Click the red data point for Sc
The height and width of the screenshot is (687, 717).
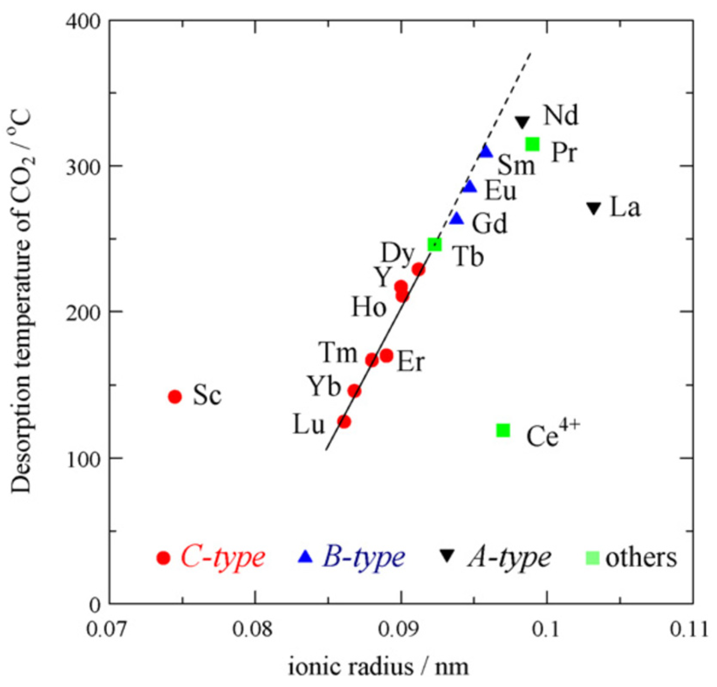[x=175, y=396]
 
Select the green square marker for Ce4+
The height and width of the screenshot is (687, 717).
[x=503, y=430]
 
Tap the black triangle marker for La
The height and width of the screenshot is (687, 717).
[x=593, y=208]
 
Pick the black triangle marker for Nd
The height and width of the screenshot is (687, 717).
[x=523, y=122]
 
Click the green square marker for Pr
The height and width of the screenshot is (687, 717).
[x=533, y=144]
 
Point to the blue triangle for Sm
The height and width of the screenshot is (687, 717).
[x=486, y=152]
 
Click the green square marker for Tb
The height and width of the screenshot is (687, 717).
[x=434, y=245]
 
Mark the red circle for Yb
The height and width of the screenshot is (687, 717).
[x=354, y=391]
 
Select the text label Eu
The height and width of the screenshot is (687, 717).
[x=500, y=190]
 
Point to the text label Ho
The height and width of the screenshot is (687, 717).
[x=369, y=307]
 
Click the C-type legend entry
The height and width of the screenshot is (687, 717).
[x=210, y=557]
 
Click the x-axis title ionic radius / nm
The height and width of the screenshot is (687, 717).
[x=378, y=667]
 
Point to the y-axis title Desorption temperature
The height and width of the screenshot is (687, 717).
[x=21, y=301]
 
